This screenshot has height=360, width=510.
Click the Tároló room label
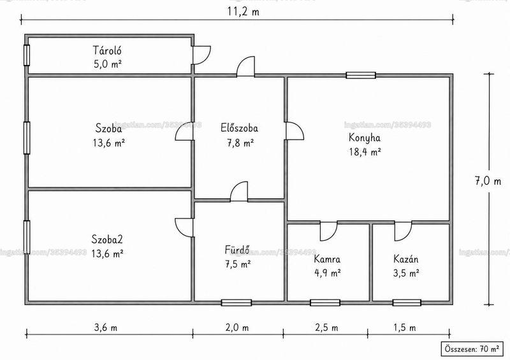point(107,50)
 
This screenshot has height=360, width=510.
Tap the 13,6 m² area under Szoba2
point(107,253)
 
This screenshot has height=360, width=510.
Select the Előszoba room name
point(240,127)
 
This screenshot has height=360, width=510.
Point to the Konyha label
point(365,138)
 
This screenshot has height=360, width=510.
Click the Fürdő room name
point(237,249)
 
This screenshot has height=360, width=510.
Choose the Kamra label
point(327,259)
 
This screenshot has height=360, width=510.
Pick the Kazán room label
point(406,259)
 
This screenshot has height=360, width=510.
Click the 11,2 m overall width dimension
point(244,11)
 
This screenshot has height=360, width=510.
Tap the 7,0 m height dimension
point(488,181)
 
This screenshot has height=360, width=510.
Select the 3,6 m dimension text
point(106,327)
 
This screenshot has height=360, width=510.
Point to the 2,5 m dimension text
point(326,327)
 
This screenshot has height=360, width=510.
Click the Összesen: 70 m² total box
point(472,349)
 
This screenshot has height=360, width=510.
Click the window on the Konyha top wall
point(361,75)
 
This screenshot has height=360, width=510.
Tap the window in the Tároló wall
point(27,55)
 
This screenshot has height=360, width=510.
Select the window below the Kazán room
point(407,303)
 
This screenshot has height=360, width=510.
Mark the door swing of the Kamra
point(328,231)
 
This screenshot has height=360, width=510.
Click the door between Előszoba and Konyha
point(295,131)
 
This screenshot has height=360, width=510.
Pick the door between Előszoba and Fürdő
point(239,192)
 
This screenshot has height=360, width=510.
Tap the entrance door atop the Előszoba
point(245,67)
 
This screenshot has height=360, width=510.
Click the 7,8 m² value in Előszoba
point(240,143)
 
